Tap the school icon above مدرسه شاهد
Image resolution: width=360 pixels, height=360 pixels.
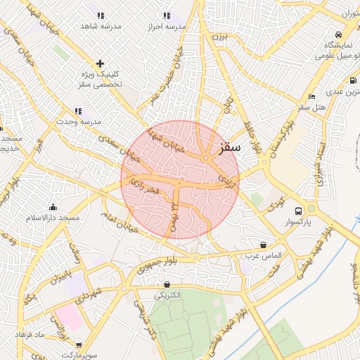(101, 15)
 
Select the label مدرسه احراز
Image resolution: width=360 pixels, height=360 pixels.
(166, 26)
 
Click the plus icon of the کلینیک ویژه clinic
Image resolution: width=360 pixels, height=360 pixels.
(100, 63)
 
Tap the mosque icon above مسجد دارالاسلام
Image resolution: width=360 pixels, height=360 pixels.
(53, 207)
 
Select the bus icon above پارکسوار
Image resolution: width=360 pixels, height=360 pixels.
(298, 211)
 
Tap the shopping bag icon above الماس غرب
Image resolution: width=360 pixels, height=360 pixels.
(263, 245)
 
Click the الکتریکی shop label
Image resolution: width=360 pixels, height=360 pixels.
(167, 295)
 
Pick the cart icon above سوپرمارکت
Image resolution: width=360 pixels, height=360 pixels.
(78, 345)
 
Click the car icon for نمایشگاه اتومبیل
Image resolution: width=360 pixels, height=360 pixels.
(339, 35)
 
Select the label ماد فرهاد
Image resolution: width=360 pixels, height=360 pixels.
(30, 333)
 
